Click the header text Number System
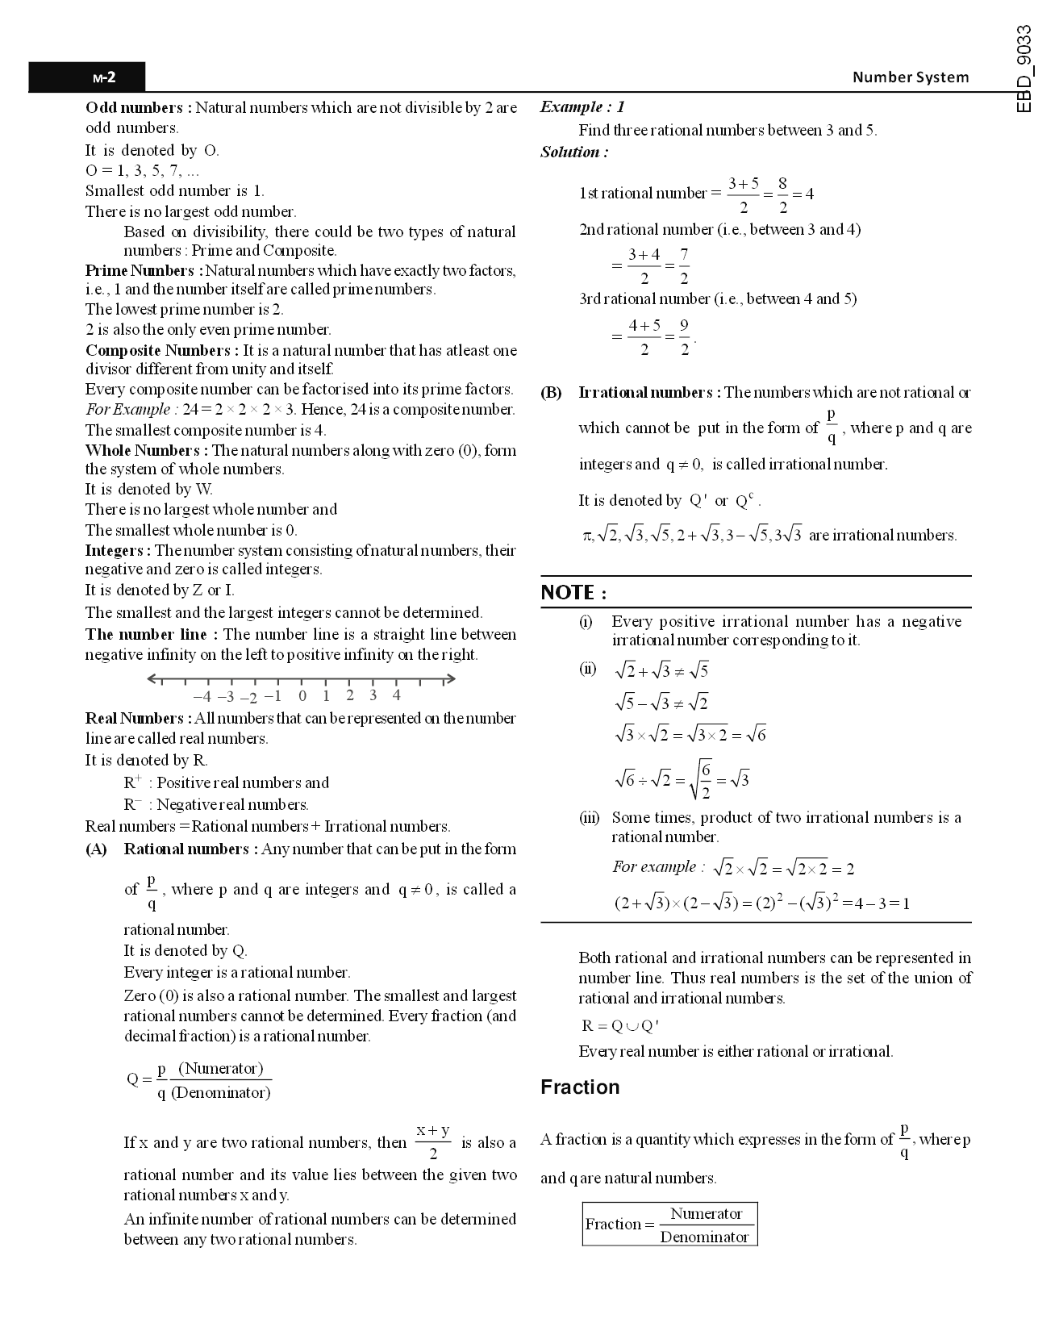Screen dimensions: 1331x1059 [x=911, y=77]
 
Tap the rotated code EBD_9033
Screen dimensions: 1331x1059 [x=1024, y=69]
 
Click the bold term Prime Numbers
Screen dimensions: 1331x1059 [x=140, y=270]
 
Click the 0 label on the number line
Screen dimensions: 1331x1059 [x=302, y=696]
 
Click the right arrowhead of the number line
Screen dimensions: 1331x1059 [x=452, y=679]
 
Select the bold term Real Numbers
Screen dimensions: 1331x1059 [x=135, y=718]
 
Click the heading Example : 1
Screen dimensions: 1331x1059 [x=582, y=106]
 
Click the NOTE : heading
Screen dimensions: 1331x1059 [x=573, y=593]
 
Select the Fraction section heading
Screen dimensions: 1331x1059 [x=580, y=1087]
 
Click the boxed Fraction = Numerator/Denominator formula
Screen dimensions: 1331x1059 [x=669, y=1225]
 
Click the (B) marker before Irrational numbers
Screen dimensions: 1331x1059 [x=551, y=393]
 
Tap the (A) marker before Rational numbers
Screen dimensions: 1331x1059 [x=96, y=849]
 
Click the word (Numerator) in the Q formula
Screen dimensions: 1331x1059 [x=221, y=1069]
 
